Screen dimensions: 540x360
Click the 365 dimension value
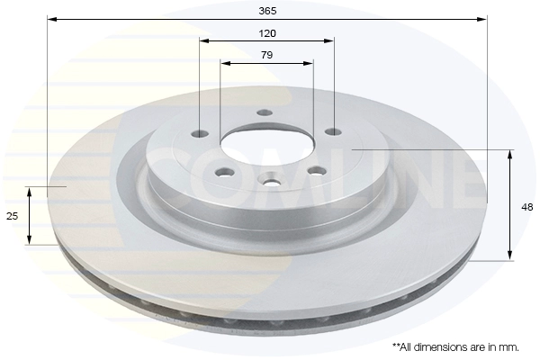pyautogui.click(x=267, y=11)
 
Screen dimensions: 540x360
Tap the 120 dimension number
pyautogui.click(x=267, y=33)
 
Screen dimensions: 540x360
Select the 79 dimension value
pyautogui.click(x=267, y=55)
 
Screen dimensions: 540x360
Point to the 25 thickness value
pyautogui.click(x=12, y=216)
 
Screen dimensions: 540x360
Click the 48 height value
pyautogui.click(x=527, y=207)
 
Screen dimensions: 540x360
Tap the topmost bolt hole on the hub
pyautogui.click(x=265, y=112)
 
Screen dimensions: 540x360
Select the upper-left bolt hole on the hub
pyautogui.click(x=200, y=133)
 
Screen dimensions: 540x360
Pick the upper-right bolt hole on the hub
pyautogui.click(x=333, y=131)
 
